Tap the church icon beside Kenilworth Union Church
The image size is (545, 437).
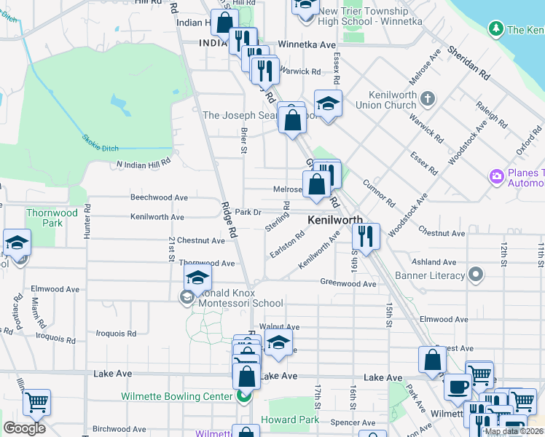click(x=428, y=98)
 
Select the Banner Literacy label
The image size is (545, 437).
click(x=430, y=275)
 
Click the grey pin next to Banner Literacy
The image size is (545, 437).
click(x=476, y=275)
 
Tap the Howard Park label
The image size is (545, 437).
click(x=289, y=420)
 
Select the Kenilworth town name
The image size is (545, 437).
click(x=335, y=219)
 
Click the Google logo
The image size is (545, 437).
click(x=24, y=428)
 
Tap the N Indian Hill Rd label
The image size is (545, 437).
click(x=144, y=164)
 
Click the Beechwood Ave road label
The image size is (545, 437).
click(x=159, y=197)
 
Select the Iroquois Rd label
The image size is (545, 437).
click(x=117, y=334)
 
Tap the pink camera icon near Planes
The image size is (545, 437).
click(x=496, y=176)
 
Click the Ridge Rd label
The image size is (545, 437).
click(x=227, y=221)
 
